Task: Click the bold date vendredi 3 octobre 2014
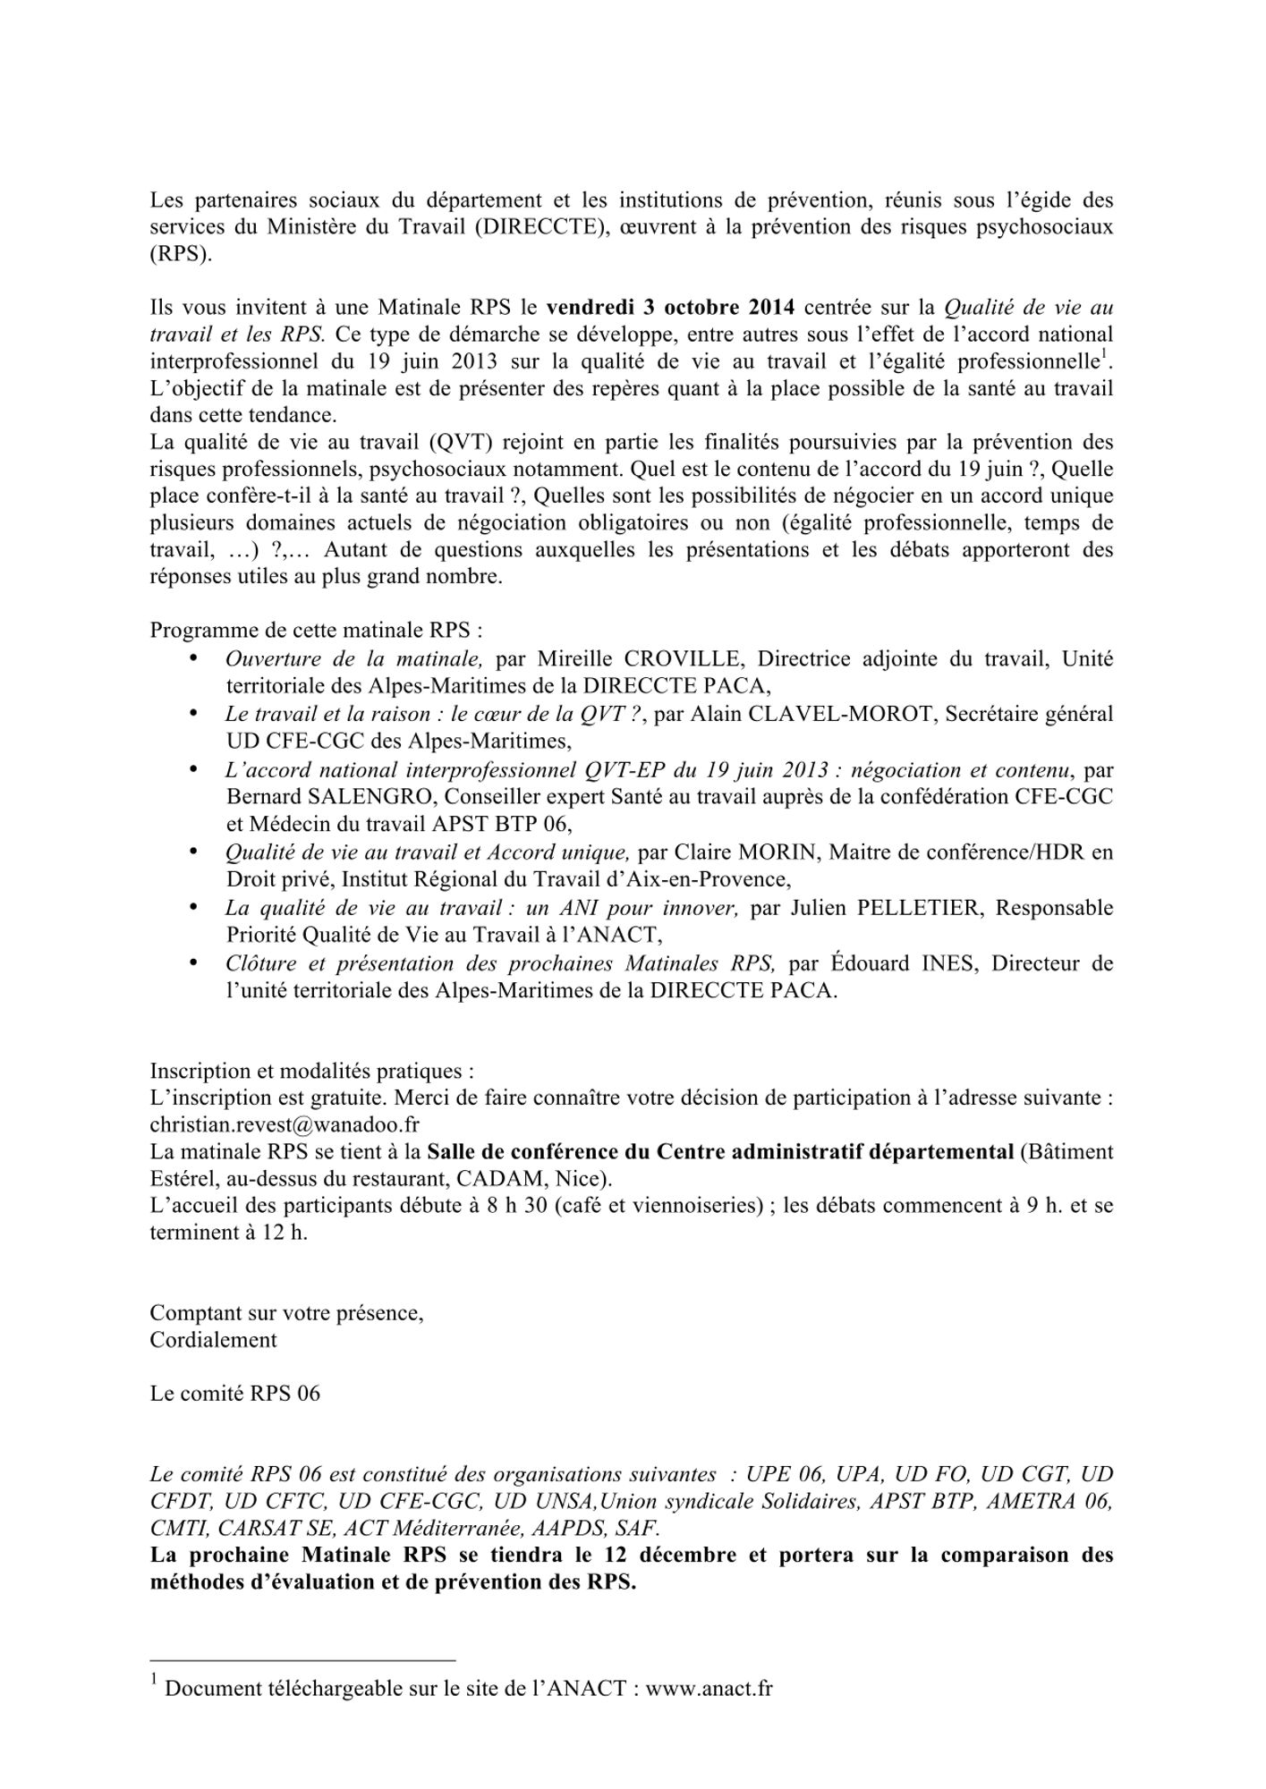pos(670,308)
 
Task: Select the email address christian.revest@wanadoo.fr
pos(285,1124)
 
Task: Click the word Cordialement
pos(213,1340)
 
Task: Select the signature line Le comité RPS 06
pos(234,1394)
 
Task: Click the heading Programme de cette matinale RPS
pos(316,630)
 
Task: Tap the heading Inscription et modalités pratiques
pos(311,1071)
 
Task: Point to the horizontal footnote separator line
pos(302,1660)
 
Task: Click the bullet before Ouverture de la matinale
pos(193,658)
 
